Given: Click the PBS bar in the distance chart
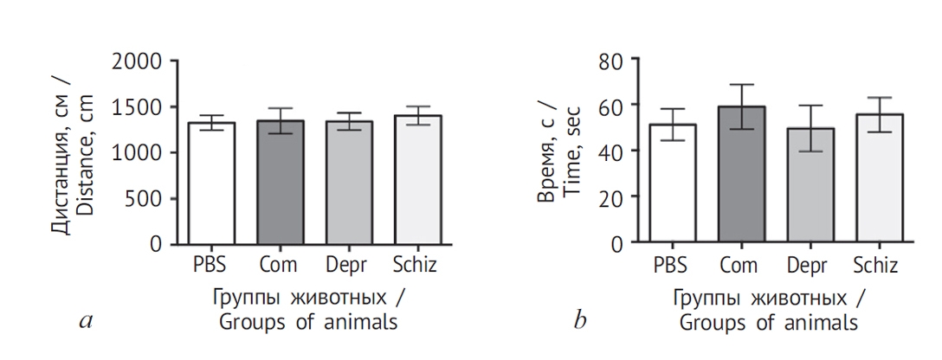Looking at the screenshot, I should [x=210, y=183].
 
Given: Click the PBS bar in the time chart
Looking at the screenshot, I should [x=673, y=184].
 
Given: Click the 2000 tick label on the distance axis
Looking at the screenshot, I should [x=137, y=61].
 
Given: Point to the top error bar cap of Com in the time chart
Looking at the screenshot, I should [x=742, y=85].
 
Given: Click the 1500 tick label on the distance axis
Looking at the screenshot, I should [x=137, y=107].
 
